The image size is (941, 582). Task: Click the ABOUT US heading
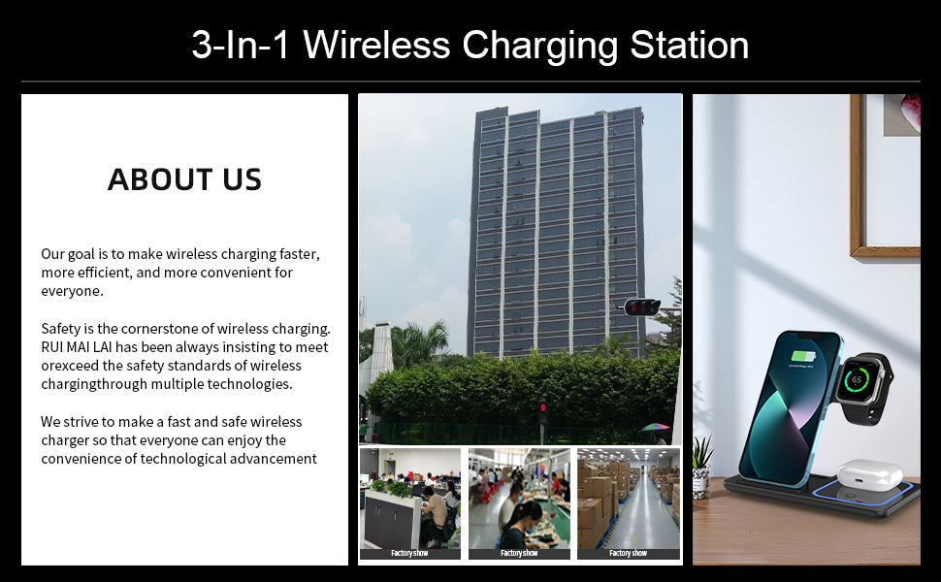click(x=185, y=179)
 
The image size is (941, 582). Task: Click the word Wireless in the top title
click(x=376, y=45)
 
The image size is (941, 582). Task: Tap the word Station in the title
click(x=690, y=45)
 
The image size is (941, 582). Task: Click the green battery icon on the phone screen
click(x=803, y=356)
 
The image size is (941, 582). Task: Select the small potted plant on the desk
click(x=701, y=467)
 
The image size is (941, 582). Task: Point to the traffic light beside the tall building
click(x=641, y=307)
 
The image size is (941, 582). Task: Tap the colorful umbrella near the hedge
click(x=656, y=428)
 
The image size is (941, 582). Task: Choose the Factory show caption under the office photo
click(x=410, y=553)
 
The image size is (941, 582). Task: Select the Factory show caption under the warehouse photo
click(x=629, y=553)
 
